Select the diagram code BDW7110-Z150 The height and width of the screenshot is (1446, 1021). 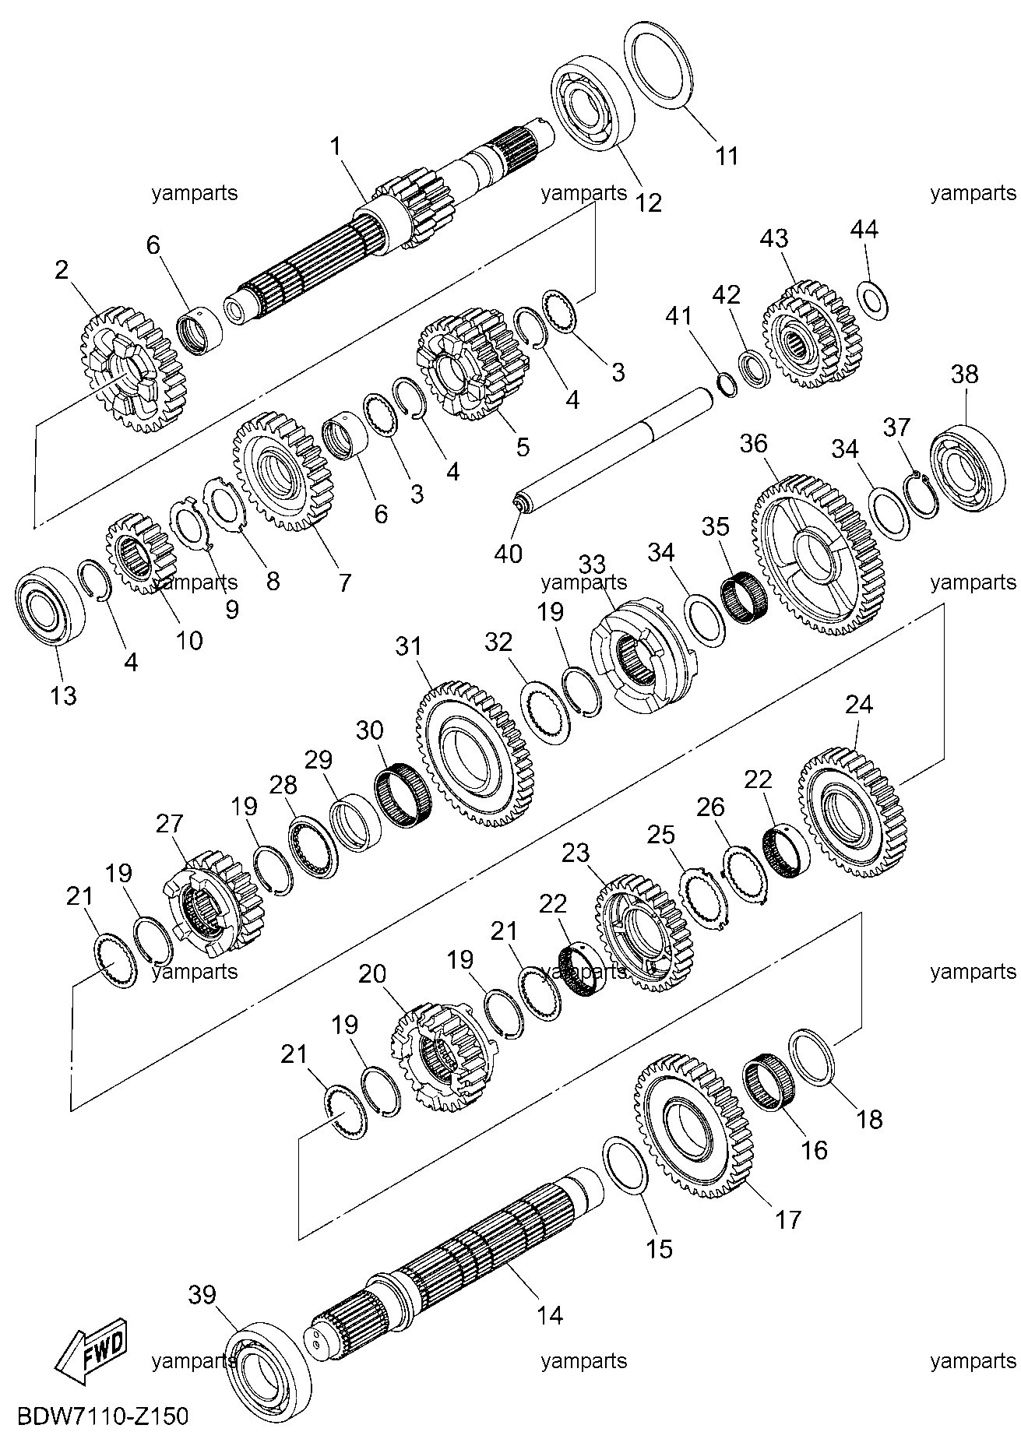point(100,1415)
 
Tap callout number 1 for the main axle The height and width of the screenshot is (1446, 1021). point(336,146)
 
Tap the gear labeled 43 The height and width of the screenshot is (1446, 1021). point(812,335)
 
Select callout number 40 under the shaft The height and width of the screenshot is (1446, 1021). point(508,553)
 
